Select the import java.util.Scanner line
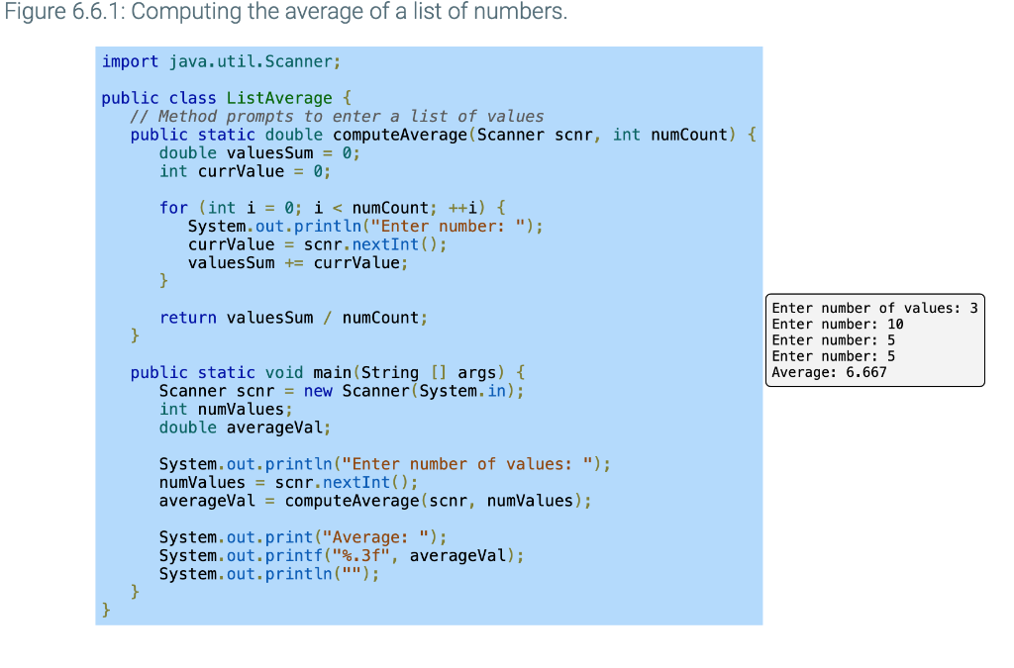[x=221, y=61]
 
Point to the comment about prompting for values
[x=337, y=116]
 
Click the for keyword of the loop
[x=173, y=208]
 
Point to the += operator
[x=294, y=263]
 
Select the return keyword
[x=188, y=318]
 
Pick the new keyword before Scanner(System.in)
[x=318, y=391]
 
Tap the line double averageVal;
[x=245, y=428]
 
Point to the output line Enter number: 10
[x=837, y=325]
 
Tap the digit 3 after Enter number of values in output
[x=973, y=309]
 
